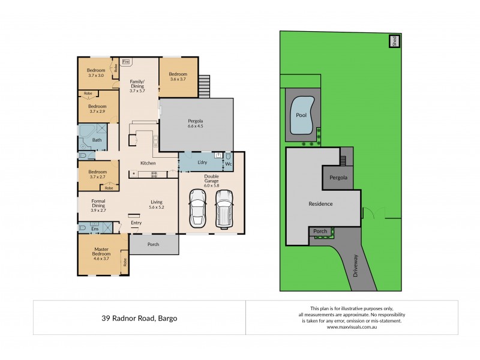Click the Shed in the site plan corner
pos(394,41)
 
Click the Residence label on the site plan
pos(320,204)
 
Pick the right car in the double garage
pos(224,210)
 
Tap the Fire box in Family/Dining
pos(126,62)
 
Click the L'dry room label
pos(202,163)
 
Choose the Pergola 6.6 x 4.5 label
pos(196,124)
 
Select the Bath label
pos(96,140)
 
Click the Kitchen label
pos(148,163)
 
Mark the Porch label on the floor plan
pos(154,244)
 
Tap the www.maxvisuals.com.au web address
pos(352,327)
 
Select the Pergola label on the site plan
pos(338,178)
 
